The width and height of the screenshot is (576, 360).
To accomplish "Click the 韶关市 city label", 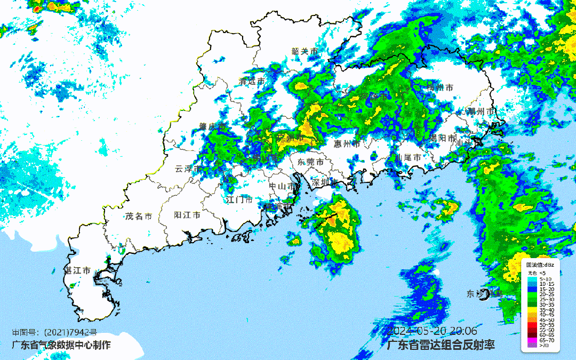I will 305,51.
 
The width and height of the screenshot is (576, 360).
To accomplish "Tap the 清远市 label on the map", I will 252,82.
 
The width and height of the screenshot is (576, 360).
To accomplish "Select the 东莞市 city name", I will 310,162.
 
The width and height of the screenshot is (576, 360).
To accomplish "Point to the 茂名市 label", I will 139,216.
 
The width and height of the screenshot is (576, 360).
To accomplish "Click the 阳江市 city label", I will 188,215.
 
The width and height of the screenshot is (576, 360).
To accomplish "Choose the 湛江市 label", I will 77,270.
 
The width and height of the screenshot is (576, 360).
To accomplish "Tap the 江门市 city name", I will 239,200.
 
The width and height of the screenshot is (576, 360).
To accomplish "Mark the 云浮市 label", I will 188,169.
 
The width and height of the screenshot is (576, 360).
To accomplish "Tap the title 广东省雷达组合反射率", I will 441,345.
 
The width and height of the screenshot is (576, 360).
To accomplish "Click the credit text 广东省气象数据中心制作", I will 61,345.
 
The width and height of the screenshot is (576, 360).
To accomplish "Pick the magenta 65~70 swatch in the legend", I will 532,340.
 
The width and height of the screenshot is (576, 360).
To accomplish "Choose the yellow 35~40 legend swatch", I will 532,308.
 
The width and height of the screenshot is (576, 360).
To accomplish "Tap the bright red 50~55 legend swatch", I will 532,324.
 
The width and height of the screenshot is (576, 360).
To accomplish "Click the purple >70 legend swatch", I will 532,345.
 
